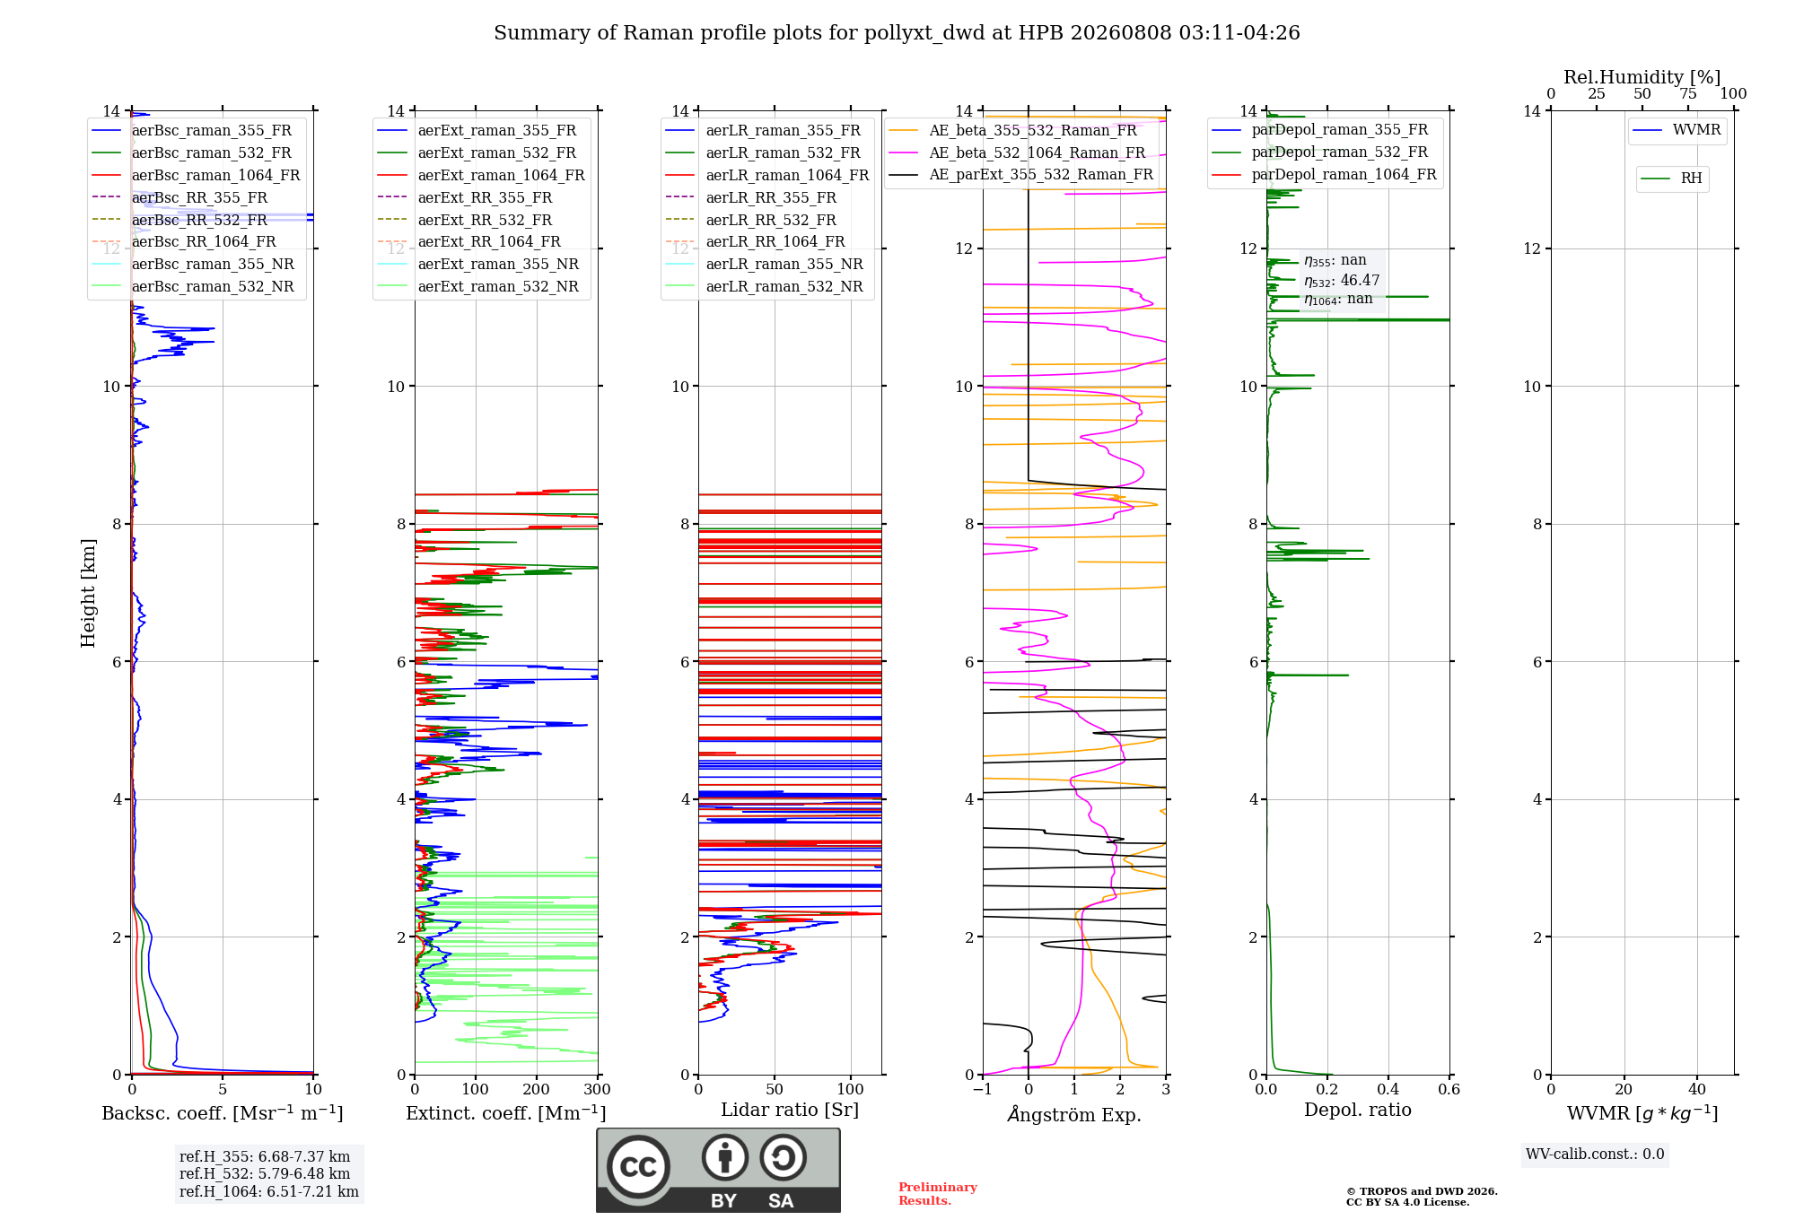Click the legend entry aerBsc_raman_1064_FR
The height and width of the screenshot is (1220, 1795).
[x=196, y=175]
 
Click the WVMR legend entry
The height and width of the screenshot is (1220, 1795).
[x=1677, y=130]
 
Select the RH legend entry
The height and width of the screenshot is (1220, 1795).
[x=1671, y=179]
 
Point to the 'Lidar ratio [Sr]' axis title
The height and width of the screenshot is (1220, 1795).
[x=790, y=1110]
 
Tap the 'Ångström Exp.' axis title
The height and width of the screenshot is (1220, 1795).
[x=1074, y=1114]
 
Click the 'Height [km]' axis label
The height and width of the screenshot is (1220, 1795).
[x=88, y=593]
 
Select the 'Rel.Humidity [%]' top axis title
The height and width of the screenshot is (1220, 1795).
[x=1642, y=77]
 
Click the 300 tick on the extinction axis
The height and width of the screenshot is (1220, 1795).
[x=598, y=1089]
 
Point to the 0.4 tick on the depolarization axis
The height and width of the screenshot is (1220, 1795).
[x=1388, y=1089]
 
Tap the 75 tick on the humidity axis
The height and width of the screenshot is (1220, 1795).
[x=1688, y=93]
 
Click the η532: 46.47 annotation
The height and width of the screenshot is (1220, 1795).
[x=1342, y=281]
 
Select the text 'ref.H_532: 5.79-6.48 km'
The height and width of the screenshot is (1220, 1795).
[x=265, y=1174]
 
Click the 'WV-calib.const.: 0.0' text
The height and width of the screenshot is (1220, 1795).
[x=1595, y=1155]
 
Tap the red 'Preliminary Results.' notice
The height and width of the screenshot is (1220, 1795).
[x=938, y=1194]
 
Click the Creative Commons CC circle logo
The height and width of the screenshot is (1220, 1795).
[x=638, y=1167]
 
